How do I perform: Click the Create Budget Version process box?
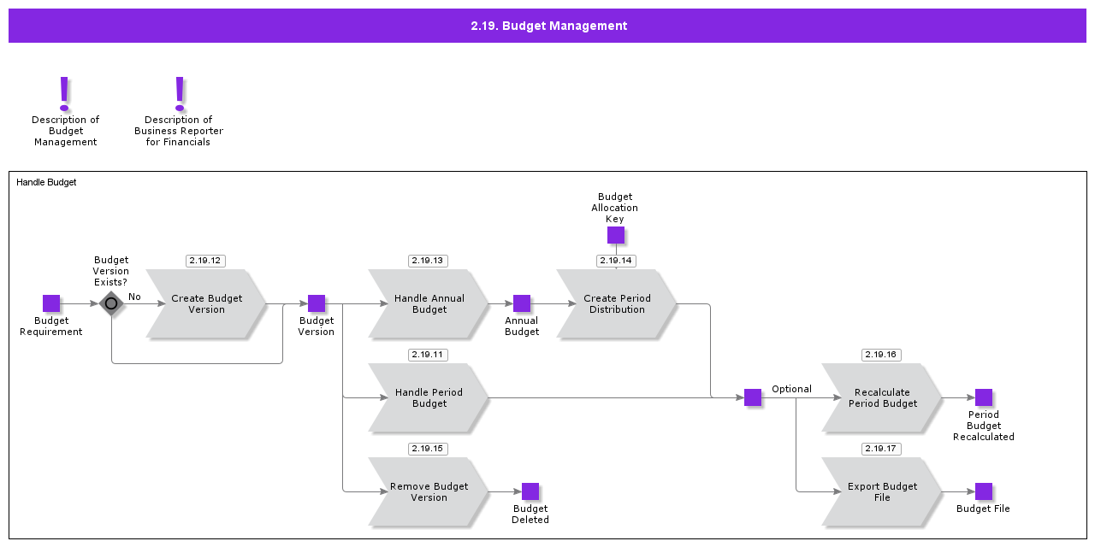(x=206, y=304)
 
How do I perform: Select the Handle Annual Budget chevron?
(x=429, y=304)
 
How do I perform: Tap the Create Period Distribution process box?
(x=617, y=304)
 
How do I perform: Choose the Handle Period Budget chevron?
(x=429, y=398)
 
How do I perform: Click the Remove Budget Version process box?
(x=429, y=492)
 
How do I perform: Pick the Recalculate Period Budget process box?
(x=882, y=398)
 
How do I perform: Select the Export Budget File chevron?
(x=882, y=492)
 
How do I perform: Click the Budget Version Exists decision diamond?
(x=111, y=303)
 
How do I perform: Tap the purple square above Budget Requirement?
(x=51, y=303)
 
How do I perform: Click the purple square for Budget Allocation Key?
(x=616, y=235)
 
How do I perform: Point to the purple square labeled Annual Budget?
(x=522, y=303)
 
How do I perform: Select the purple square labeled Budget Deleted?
(x=530, y=491)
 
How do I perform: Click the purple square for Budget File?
(x=984, y=491)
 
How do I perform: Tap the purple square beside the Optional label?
(x=753, y=397)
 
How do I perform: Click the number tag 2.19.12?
(x=205, y=261)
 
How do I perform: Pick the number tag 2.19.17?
(x=881, y=449)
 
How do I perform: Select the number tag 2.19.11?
(x=428, y=355)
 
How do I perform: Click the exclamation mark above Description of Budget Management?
(x=64, y=93)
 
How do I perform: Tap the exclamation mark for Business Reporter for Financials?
(x=179, y=93)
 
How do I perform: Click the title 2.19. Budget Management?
(x=548, y=26)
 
